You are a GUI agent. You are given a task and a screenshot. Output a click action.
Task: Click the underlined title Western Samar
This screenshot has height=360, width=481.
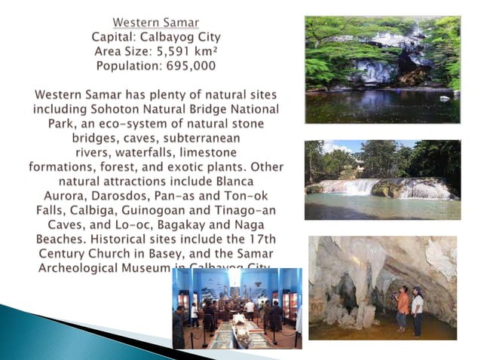click(x=156, y=21)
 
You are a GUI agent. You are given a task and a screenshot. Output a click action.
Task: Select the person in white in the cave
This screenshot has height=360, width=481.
click(x=417, y=310)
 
